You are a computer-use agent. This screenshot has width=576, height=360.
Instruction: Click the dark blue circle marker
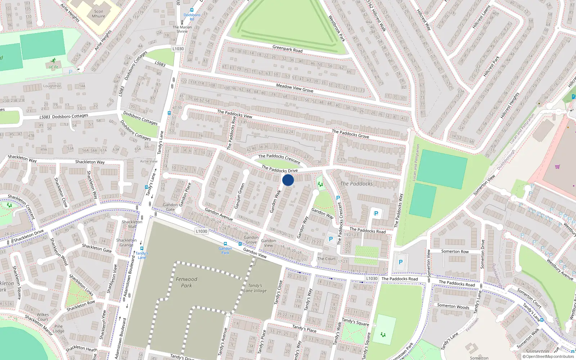[288, 180]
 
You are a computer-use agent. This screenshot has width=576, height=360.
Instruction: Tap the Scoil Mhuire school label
[98, 14]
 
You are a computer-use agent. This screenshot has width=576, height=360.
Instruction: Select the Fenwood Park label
[186, 282]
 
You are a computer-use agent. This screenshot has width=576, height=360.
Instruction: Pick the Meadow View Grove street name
[294, 88]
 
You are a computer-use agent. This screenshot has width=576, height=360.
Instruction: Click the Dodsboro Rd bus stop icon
[192, 10]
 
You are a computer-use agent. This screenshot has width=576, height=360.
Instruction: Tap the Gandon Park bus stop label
[225, 251]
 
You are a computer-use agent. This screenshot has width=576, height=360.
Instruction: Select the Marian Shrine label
[182, 29]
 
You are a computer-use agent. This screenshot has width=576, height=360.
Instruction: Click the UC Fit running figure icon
[54, 60]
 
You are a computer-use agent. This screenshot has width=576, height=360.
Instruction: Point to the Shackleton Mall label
[132, 224]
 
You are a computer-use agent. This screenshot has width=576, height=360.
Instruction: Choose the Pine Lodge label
[59, 329]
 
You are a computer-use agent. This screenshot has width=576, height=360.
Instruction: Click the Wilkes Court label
[42, 317]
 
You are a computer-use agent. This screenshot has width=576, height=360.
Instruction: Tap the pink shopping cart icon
[558, 167]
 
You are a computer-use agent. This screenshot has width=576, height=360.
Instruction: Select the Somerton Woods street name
[453, 306]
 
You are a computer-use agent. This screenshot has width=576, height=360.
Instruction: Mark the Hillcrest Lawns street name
[481, 17]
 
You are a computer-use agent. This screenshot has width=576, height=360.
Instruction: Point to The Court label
[326, 258]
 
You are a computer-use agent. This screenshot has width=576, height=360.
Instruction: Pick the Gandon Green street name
[240, 196]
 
